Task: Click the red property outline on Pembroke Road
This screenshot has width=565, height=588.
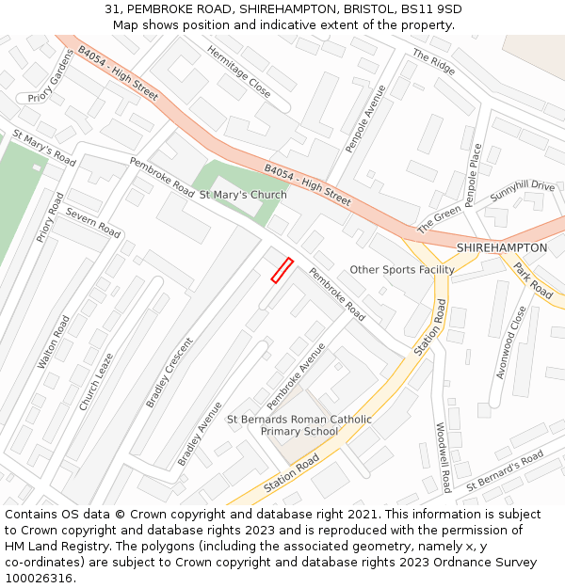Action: tap(282, 270)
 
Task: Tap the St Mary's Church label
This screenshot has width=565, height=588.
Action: tap(243, 195)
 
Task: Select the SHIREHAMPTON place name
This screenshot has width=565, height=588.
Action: tap(501, 247)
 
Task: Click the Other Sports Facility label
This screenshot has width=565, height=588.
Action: tap(402, 270)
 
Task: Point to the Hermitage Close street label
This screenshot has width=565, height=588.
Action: tap(239, 72)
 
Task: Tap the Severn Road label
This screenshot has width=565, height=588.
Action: tap(93, 223)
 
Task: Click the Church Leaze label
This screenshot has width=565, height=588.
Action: tap(96, 381)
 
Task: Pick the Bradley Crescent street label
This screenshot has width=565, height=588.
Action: tap(169, 373)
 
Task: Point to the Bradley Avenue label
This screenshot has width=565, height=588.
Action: tap(201, 434)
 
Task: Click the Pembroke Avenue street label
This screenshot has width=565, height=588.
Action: tap(296, 375)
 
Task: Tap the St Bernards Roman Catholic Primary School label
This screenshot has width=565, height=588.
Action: tap(299, 425)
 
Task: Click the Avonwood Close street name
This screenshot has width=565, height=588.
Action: tap(509, 342)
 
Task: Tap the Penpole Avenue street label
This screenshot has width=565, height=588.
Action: tap(366, 119)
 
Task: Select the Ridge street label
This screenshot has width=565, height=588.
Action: tap(433, 62)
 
